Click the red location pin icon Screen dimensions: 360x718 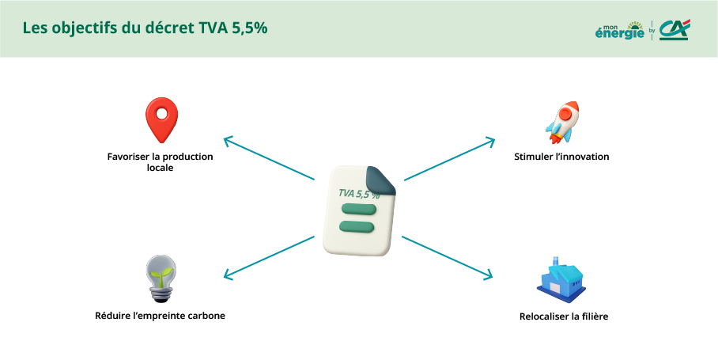coord(161,119)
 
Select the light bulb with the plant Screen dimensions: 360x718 coord(161,279)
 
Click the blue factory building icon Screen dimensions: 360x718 coord(561,279)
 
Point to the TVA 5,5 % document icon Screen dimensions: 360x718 coord(360,210)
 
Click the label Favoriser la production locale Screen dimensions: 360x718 coord(161,162)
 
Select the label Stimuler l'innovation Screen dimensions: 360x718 coord(561,157)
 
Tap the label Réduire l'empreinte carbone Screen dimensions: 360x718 coord(161,316)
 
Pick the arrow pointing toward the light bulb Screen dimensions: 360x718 coord(269,257)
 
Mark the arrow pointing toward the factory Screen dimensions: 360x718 coord(447,257)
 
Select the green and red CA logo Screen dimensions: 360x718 coord(675,30)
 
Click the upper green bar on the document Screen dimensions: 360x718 coord(356,209)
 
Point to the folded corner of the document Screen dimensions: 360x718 coord(383,181)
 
